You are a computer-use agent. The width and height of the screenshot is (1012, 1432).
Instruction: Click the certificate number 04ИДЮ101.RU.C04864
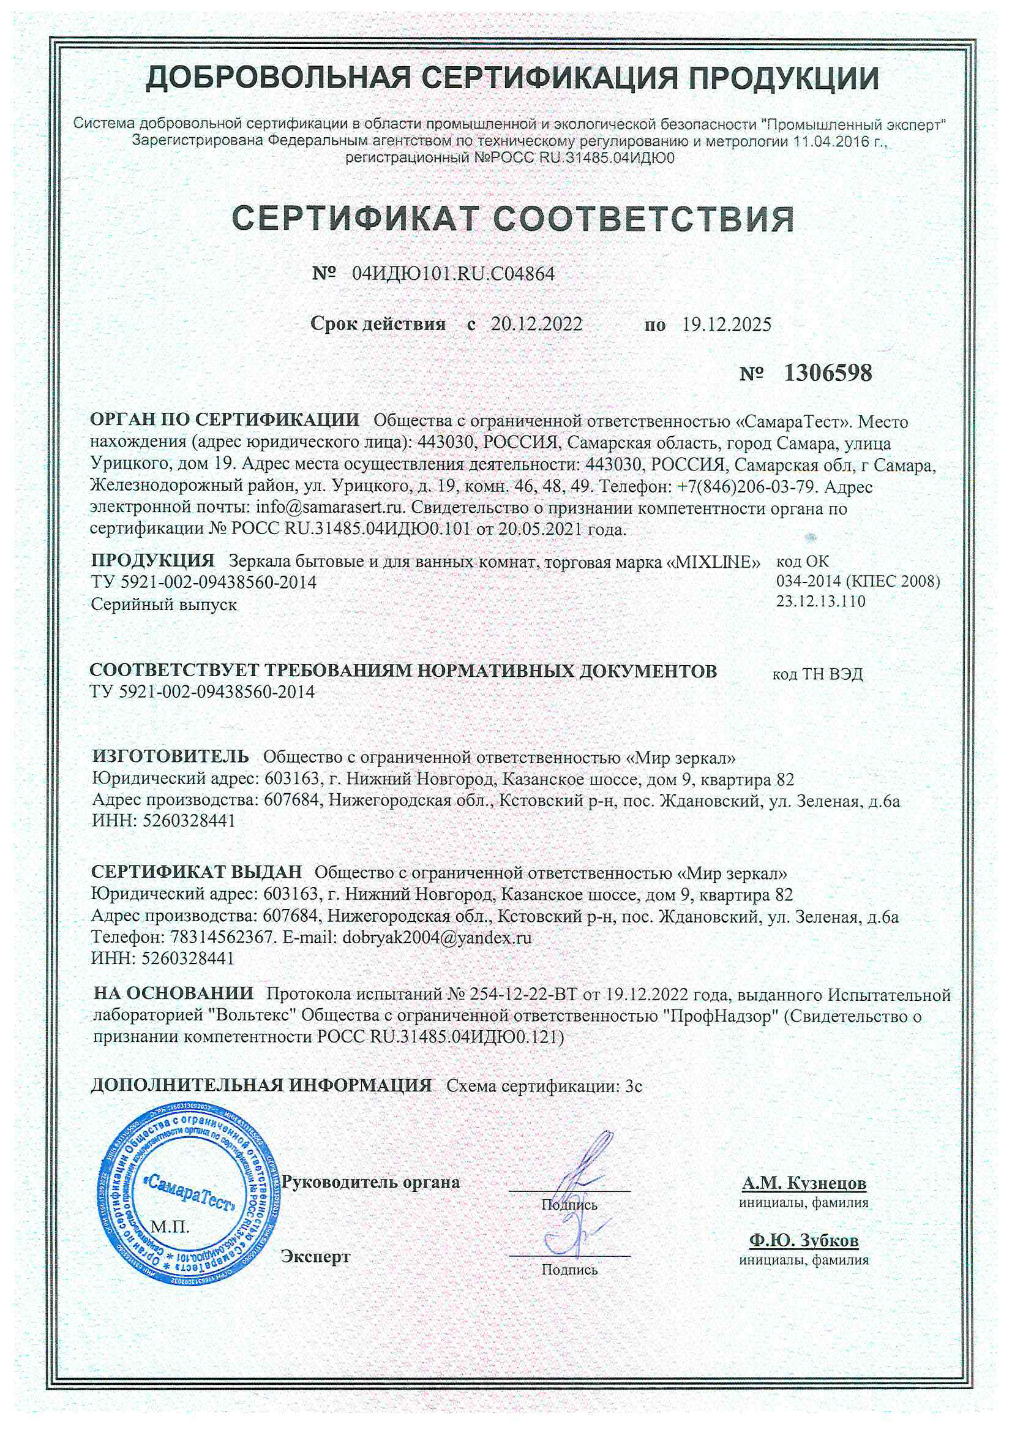(x=452, y=273)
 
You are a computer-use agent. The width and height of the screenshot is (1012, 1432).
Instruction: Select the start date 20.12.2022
(x=536, y=325)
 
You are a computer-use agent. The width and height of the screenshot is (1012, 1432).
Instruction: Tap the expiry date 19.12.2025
(x=727, y=325)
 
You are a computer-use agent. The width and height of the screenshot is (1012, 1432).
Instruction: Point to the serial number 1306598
(x=827, y=373)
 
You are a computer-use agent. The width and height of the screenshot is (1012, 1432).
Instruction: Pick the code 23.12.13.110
(x=820, y=601)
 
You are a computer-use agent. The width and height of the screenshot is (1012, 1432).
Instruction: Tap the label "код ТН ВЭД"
(x=817, y=674)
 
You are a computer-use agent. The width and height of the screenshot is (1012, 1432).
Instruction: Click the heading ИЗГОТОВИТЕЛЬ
(x=171, y=756)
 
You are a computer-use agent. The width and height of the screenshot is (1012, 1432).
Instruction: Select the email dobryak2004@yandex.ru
(x=437, y=936)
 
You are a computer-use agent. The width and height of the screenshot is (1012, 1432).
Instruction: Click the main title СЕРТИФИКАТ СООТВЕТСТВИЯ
(x=513, y=219)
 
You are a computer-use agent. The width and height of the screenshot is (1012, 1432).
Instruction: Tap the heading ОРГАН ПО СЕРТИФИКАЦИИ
(x=225, y=420)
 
